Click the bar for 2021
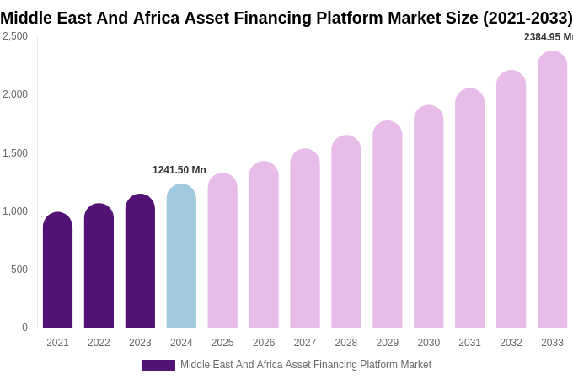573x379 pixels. (x=57, y=270)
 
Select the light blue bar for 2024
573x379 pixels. (x=181, y=256)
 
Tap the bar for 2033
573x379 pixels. (x=552, y=189)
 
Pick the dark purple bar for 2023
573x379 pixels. (x=140, y=261)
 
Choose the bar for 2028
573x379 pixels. (x=346, y=232)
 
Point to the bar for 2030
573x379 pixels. (x=428, y=216)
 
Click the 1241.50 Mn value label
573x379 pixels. (x=179, y=170)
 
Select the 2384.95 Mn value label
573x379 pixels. (x=548, y=37)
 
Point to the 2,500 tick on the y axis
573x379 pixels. (x=15, y=36)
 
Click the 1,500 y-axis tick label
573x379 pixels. (x=15, y=153)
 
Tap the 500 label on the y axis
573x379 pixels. (x=19, y=270)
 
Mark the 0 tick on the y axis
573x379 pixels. (x=24, y=328)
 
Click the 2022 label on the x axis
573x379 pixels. (x=99, y=343)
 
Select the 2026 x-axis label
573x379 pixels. (x=264, y=343)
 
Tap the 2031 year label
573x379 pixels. (x=469, y=343)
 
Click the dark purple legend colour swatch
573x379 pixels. (x=158, y=366)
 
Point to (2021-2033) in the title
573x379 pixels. (x=527, y=18)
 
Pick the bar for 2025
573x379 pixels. (x=222, y=251)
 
